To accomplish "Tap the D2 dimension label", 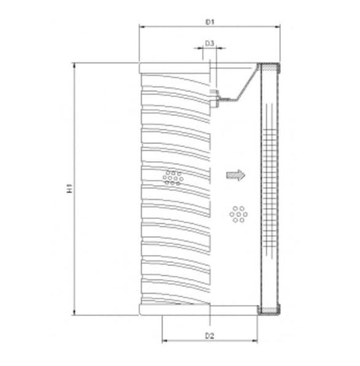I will pyautogui.click(x=210, y=335).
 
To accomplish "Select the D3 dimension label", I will pyautogui.click(x=210, y=44).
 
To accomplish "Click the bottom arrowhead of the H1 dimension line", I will pyautogui.click(x=75, y=314).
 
